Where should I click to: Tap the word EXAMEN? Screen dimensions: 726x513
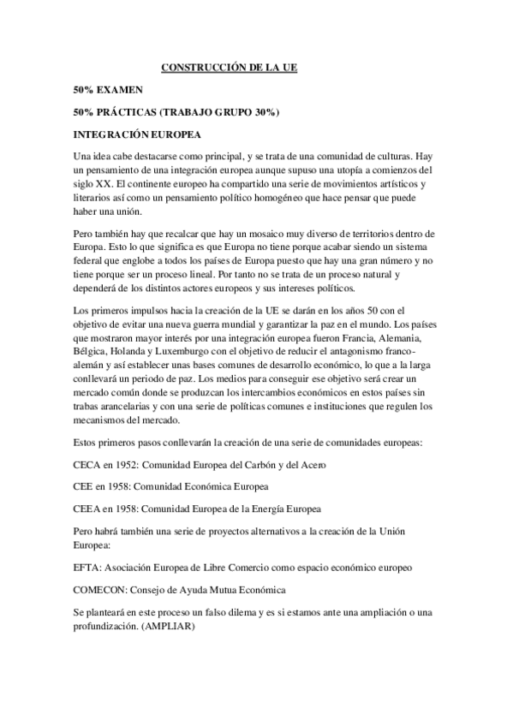click(x=119, y=89)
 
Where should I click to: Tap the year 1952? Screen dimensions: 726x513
click(x=126, y=464)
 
